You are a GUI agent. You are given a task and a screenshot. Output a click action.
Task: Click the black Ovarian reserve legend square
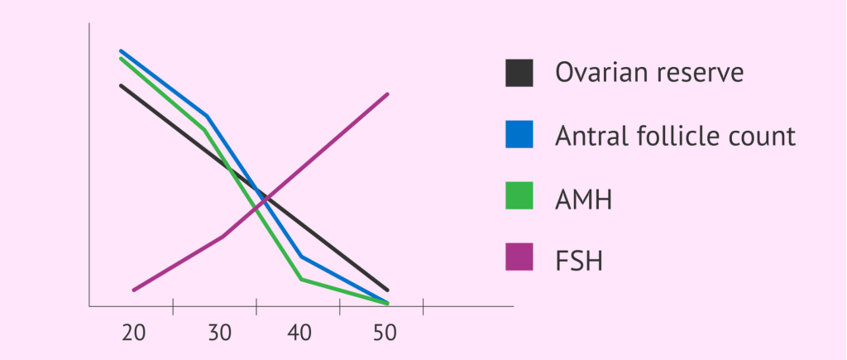519,73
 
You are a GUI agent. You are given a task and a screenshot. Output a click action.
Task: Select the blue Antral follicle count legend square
519,135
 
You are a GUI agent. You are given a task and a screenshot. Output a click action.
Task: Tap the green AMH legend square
519,198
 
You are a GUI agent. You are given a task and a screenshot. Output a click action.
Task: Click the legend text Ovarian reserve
649,73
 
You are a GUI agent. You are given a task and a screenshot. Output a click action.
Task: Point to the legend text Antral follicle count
675,136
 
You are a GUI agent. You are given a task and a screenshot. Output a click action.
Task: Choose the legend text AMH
584,199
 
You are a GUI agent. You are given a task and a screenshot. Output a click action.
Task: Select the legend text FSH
579,262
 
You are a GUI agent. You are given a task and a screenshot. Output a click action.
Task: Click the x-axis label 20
134,334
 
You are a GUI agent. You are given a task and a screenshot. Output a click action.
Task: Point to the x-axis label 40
300,334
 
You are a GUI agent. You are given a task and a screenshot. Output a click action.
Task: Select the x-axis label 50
384,334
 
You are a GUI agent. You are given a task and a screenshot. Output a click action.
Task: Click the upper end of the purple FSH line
387,94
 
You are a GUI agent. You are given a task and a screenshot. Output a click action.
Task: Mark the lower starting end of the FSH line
133,290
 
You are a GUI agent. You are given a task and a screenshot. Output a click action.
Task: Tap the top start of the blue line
122,50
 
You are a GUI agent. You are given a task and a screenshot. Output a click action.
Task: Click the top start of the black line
122,85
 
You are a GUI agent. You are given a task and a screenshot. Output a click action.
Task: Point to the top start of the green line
122,59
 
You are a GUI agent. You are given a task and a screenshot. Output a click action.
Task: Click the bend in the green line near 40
301,279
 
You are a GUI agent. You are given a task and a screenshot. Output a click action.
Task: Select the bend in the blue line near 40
301,256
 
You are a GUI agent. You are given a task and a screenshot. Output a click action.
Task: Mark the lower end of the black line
387,290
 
